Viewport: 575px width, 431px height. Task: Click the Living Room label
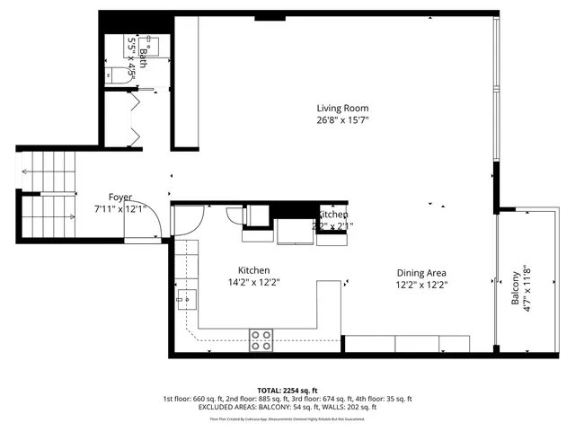point(342,108)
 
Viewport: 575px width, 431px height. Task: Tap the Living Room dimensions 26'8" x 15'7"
point(342,119)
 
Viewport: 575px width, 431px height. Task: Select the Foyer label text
point(120,197)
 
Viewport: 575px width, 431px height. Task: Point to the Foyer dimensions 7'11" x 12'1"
point(120,208)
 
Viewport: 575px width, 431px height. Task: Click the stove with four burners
point(261,339)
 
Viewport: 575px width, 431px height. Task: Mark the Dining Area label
point(421,273)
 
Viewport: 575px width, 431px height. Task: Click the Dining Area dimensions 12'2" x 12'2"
point(421,285)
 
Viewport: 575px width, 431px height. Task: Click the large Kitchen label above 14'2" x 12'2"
point(253,270)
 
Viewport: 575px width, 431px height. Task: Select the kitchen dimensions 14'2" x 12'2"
point(253,282)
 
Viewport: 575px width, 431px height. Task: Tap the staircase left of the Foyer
point(47,193)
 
